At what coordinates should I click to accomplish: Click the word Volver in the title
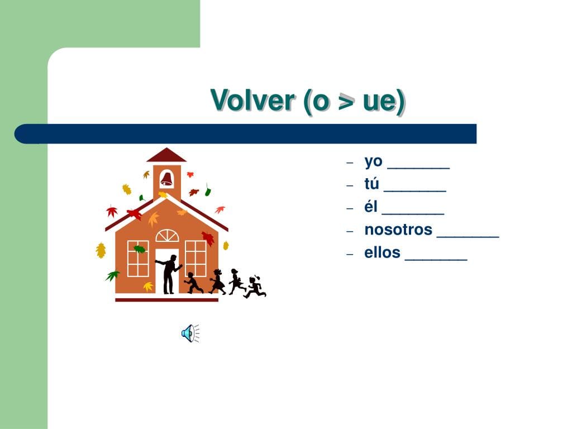pyautogui.click(x=252, y=101)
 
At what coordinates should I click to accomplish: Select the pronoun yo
pyautogui.click(x=373, y=161)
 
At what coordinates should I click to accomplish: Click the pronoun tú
pyautogui.click(x=371, y=183)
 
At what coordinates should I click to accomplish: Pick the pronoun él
pyautogui.click(x=371, y=207)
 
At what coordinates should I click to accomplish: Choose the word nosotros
pyautogui.click(x=398, y=230)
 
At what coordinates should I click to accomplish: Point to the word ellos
pyautogui.click(x=382, y=252)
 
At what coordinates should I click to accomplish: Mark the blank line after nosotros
pyautogui.click(x=468, y=237)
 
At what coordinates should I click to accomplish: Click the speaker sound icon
pyautogui.click(x=190, y=333)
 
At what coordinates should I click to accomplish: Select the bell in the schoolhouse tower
pyautogui.click(x=166, y=179)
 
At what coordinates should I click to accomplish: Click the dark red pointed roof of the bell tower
pyautogui.click(x=166, y=155)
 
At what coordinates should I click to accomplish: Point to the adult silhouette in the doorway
pyautogui.click(x=168, y=274)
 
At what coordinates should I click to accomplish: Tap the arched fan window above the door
pyautogui.click(x=167, y=236)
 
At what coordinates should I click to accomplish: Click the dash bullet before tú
pyautogui.click(x=350, y=185)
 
